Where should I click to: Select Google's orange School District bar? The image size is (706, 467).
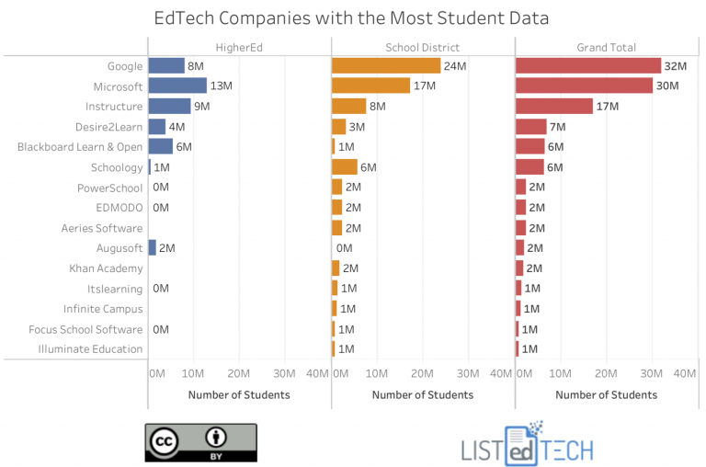(386, 65)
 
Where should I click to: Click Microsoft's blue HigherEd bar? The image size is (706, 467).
(177, 85)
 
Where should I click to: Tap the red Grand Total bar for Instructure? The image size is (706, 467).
(554, 106)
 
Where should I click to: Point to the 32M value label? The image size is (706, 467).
(676, 65)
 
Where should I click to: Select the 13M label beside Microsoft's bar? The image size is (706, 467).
(222, 85)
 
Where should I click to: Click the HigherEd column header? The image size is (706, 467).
(239, 47)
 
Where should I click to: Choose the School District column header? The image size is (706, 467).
(423, 47)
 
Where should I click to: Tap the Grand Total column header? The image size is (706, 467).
(607, 47)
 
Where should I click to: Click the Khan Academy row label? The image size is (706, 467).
(106, 268)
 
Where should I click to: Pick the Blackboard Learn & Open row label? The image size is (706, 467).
(80, 146)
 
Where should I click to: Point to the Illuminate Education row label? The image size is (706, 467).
(90, 349)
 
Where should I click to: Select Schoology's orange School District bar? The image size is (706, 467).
(345, 166)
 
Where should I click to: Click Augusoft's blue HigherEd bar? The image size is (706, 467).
(153, 247)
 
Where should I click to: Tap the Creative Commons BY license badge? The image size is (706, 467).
(200, 441)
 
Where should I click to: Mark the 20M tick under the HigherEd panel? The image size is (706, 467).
(239, 374)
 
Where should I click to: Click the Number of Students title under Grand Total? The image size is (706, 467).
(607, 394)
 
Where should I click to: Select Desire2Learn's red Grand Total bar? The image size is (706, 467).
(531, 126)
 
